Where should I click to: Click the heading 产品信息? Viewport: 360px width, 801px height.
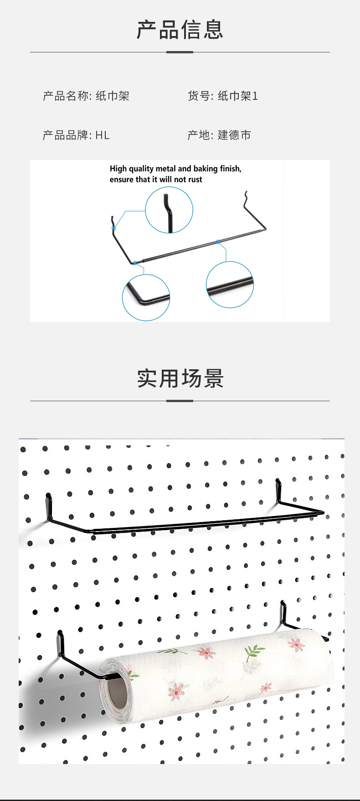pos(180,30)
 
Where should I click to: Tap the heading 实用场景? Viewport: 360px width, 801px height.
pos(180,378)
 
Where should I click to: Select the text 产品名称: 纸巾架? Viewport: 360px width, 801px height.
pos(86,96)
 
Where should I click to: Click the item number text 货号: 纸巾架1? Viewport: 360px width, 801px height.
pos(223,96)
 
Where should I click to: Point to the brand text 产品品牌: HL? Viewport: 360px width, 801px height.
pos(76,135)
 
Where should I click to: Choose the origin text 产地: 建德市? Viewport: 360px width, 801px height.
pos(219,135)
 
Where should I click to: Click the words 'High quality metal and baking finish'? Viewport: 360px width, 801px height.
pos(175,169)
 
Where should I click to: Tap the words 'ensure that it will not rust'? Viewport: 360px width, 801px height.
pos(156,180)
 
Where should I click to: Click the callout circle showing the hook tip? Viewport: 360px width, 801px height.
pos(169,210)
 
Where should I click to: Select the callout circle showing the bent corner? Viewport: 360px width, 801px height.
pos(146,297)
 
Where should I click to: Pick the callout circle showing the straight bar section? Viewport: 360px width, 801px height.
pos(230,284)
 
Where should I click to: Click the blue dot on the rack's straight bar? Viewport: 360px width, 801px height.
pos(218,242)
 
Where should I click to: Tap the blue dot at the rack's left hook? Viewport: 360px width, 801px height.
pos(114,228)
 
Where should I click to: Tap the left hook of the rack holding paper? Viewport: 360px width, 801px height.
pos(61,643)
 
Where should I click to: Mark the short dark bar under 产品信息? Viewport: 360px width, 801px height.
pos(180,52)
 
